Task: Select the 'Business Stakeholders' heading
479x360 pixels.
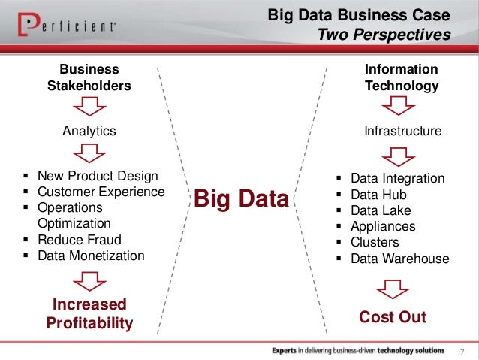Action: pyautogui.click(x=89, y=77)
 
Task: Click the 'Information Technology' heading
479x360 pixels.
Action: pyautogui.click(x=402, y=77)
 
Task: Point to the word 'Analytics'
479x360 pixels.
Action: pyautogui.click(x=89, y=131)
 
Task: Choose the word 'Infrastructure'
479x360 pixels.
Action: pyautogui.click(x=402, y=131)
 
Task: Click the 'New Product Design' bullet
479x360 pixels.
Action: pyautogui.click(x=98, y=177)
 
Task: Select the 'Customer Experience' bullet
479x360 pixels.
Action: pyautogui.click(x=101, y=192)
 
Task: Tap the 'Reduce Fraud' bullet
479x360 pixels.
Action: pyautogui.click(x=79, y=240)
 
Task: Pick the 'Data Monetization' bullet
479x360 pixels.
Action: pyautogui.click(x=90, y=256)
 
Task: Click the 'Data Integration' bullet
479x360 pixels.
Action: pyautogui.click(x=398, y=179)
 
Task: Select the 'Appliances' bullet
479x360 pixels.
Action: pyautogui.click(x=383, y=226)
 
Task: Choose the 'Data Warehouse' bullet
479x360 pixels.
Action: pyautogui.click(x=400, y=259)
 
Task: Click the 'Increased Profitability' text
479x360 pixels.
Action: pyautogui.click(x=89, y=314)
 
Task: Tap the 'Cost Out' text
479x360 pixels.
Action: pyautogui.click(x=393, y=317)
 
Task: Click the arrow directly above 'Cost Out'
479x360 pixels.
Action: pyautogui.click(x=393, y=289)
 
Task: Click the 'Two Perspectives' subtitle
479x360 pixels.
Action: pyautogui.click(x=384, y=35)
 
